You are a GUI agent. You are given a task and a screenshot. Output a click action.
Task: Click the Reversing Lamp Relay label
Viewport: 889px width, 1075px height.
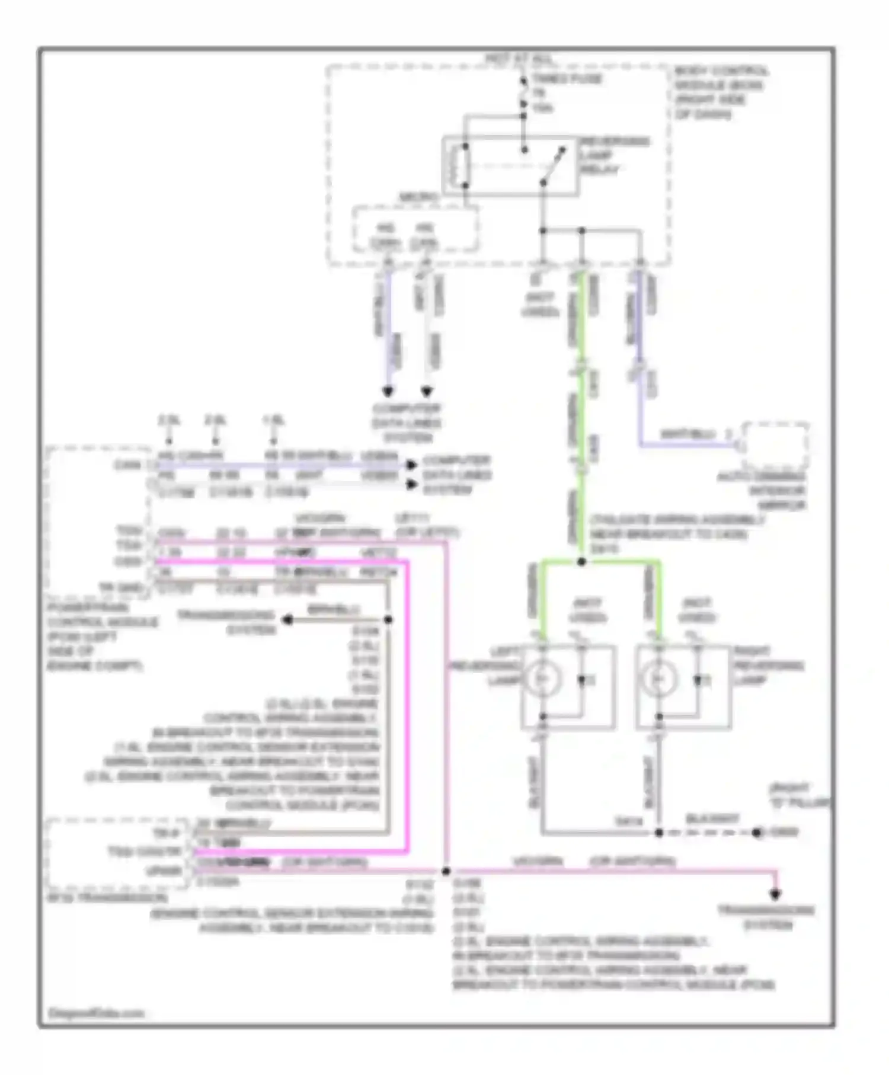pos(614,156)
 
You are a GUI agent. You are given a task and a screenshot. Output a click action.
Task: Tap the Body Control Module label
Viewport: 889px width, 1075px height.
pos(720,92)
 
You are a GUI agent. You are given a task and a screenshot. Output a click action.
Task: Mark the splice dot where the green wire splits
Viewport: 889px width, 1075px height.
pos(581,561)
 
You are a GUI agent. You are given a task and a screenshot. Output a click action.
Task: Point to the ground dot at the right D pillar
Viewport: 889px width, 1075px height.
pos(757,833)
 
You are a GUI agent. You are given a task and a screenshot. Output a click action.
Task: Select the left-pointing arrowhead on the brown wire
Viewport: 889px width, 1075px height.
pos(288,620)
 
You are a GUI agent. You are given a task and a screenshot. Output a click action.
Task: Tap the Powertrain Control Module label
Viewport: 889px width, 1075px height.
pos(101,636)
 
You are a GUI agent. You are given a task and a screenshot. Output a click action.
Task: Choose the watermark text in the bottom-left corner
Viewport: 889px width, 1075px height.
pos(95,1013)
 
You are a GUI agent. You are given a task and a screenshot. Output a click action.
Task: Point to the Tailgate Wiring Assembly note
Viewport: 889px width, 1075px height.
pos(676,534)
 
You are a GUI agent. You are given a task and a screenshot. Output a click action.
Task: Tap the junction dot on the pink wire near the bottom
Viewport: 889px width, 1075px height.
pos(446,871)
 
